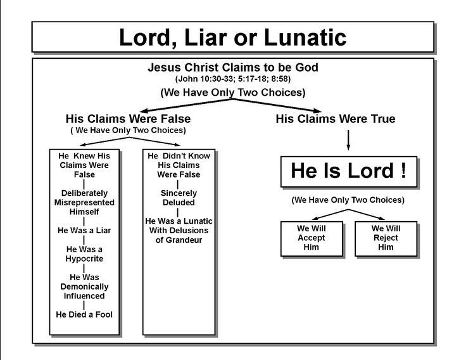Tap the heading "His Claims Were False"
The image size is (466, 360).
[x=128, y=119]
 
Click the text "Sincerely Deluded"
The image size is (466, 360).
[x=179, y=198]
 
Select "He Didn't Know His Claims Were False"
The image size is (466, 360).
[x=179, y=164]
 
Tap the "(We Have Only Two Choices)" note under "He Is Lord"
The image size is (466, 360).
[x=348, y=200]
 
